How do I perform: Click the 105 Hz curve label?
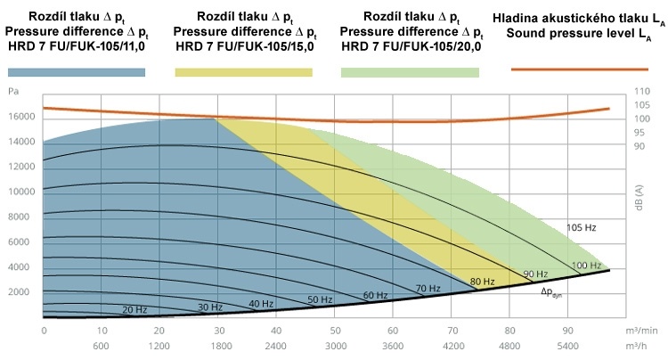coord(581,228)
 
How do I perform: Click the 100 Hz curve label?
coord(586,266)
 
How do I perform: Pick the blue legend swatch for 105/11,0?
coord(77,71)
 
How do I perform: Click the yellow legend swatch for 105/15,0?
coord(243,71)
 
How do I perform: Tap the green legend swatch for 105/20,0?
coord(410,71)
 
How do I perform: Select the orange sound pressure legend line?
coord(579,68)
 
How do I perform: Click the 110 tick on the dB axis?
coord(639,91)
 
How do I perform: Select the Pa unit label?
coord(13,91)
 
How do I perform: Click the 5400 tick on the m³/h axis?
coord(568,345)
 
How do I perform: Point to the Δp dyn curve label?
coord(551,290)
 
